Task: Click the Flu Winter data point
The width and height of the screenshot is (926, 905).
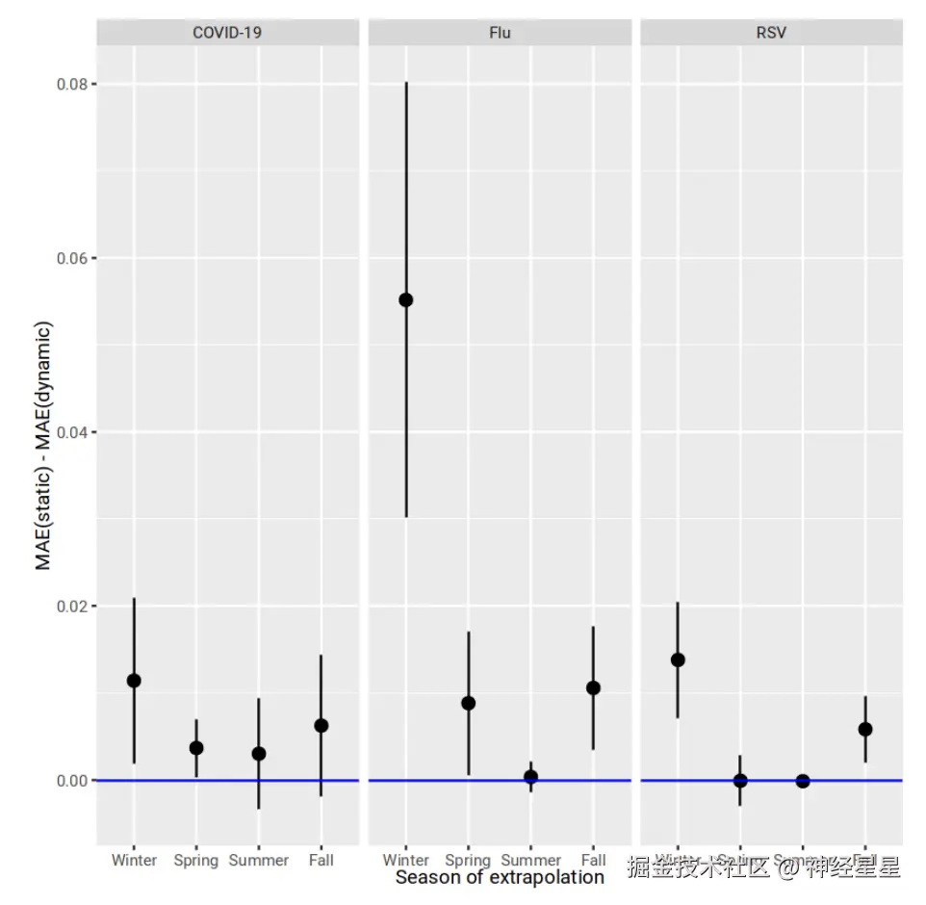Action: (406, 299)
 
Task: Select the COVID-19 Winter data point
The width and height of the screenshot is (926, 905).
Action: (134, 681)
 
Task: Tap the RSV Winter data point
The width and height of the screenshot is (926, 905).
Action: (678, 659)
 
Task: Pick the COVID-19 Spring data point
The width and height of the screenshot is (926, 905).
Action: (196, 748)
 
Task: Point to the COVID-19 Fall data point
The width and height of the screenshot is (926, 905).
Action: (322, 725)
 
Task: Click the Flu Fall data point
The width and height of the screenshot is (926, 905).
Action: (593, 687)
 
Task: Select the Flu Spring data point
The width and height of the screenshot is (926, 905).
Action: (469, 703)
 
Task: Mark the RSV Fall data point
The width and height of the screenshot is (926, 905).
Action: (865, 729)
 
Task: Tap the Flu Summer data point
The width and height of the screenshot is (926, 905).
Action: (530, 776)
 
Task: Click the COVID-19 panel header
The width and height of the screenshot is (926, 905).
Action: (227, 33)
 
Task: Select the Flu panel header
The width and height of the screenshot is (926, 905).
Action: (500, 33)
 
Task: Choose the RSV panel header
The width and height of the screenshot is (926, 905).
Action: (771, 33)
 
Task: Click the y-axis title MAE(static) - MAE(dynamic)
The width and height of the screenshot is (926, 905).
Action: (43, 445)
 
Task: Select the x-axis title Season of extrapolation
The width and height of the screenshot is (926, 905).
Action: (500, 877)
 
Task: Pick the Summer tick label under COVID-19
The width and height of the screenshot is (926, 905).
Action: (259, 860)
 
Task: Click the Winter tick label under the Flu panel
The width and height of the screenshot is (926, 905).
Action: (406, 860)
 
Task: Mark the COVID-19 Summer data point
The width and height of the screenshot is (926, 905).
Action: (259, 754)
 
